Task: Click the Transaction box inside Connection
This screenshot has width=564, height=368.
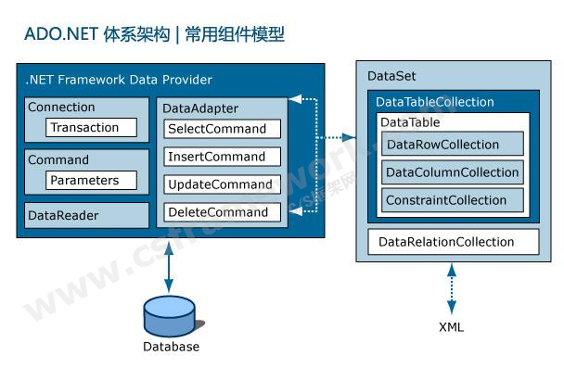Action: pyautogui.click(x=91, y=127)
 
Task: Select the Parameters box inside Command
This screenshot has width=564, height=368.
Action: pyautogui.click(x=91, y=180)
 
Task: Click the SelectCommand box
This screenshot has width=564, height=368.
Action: pyautogui.click(x=222, y=129)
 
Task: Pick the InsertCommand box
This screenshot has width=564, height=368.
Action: pyautogui.click(x=222, y=157)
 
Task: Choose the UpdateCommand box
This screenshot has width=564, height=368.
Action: pyautogui.click(x=222, y=184)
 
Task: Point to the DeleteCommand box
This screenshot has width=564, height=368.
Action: pyautogui.click(x=222, y=212)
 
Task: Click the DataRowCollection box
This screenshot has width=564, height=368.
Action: pyautogui.click(x=453, y=144)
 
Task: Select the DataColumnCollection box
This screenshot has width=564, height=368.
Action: pyautogui.click(x=453, y=171)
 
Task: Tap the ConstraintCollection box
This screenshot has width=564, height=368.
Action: pyautogui.click(x=453, y=199)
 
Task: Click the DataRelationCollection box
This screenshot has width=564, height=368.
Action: pyautogui.click(x=453, y=242)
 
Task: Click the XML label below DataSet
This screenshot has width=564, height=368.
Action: pyautogui.click(x=451, y=327)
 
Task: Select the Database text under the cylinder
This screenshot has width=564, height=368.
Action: pyautogui.click(x=171, y=347)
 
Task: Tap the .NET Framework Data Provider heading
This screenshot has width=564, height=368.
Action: pyautogui.click(x=120, y=80)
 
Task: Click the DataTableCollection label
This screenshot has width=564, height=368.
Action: pyautogui.click(x=434, y=102)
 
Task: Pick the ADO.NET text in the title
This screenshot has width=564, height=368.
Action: pyautogui.click(x=56, y=35)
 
